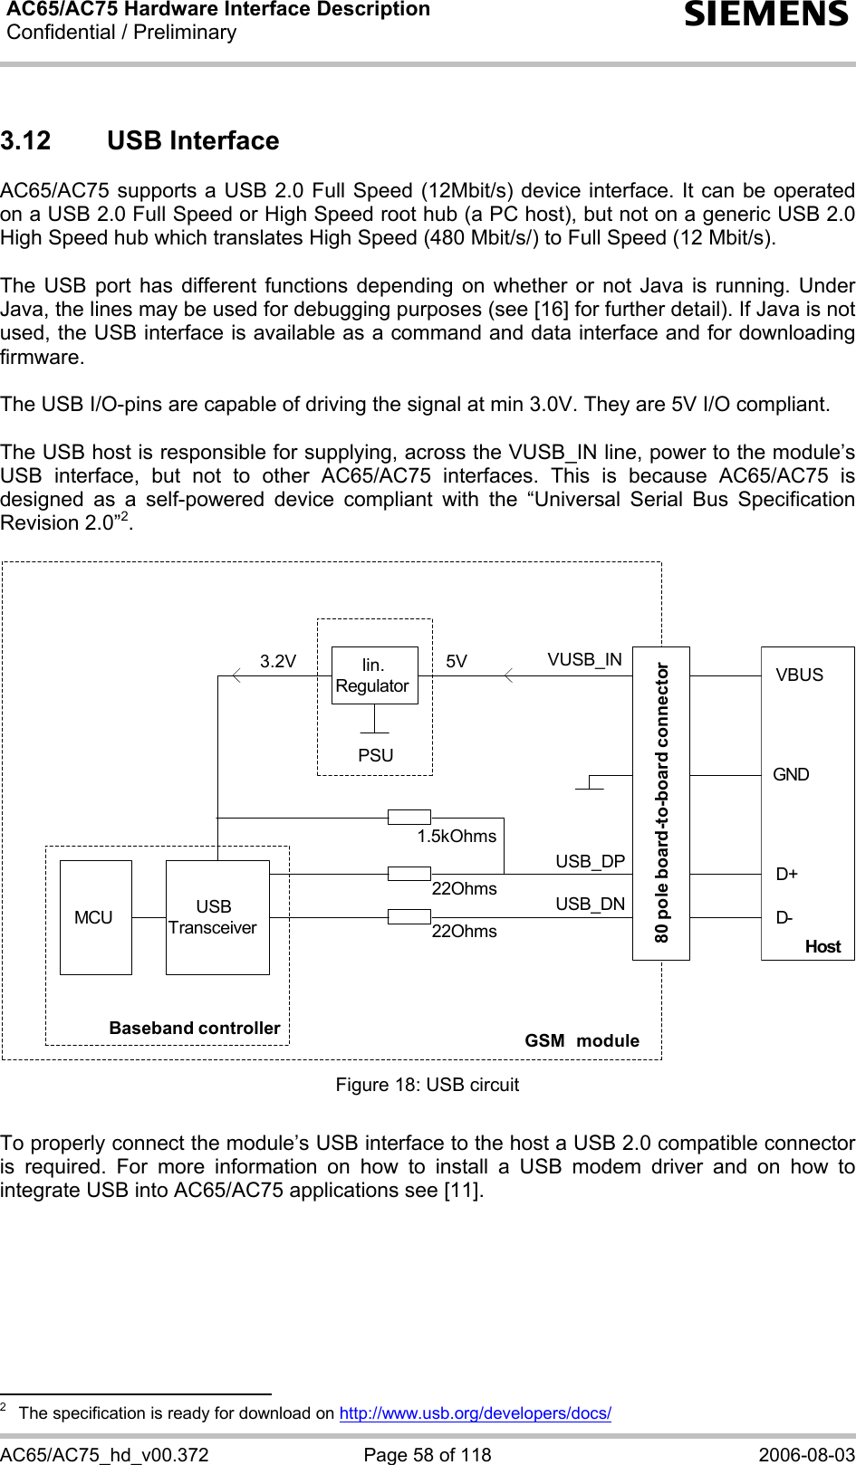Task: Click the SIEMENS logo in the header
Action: [766, 15]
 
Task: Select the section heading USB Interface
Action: [192, 141]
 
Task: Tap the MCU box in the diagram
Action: [95, 917]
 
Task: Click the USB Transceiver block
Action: [216, 917]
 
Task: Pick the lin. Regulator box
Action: [374, 675]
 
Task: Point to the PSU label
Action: [376, 755]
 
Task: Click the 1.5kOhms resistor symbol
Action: [409, 818]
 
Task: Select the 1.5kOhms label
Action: [457, 837]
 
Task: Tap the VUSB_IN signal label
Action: [584, 660]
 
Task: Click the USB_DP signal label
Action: [590, 861]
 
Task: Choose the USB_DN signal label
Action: [590, 904]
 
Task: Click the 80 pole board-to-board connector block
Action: [661, 803]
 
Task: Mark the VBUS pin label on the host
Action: [799, 675]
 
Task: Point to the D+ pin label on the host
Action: [786, 875]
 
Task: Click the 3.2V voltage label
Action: [278, 662]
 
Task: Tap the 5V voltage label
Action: [457, 662]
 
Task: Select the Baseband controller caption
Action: [195, 1029]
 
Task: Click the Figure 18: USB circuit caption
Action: [428, 1085]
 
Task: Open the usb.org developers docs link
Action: [475, 1412]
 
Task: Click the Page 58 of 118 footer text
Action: [428, 1454]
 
